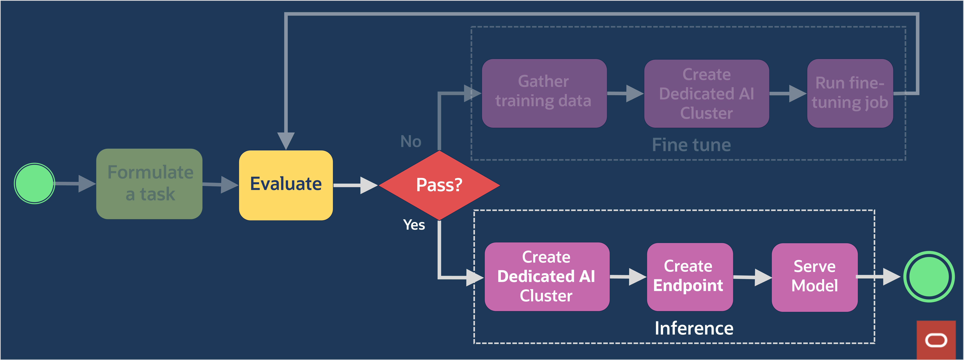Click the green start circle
point(34,183)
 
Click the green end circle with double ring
point(929,277)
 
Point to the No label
point(411,141)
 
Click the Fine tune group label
point(691,145)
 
